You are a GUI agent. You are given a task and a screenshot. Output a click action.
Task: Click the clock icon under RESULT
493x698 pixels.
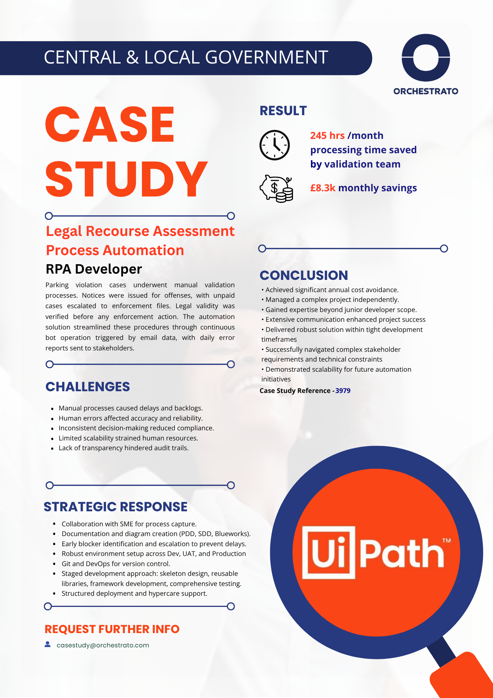coord(275,145)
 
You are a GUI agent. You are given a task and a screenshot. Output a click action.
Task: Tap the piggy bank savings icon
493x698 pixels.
coord(276,188)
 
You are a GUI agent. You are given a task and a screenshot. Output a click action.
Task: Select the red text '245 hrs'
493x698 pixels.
coord(327,135)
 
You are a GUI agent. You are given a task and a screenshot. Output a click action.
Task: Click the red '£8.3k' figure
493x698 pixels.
coord(323,188)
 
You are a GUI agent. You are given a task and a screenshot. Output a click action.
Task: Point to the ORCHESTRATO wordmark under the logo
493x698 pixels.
coord(426,91)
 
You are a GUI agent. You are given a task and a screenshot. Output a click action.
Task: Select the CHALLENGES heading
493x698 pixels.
coord(88,387)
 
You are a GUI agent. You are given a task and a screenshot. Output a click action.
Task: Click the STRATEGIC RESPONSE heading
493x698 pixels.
coord(115,507)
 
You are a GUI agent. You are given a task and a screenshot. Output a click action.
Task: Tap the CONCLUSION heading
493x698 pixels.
coord(304,275)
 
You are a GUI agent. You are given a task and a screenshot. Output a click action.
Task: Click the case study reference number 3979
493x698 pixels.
coord(343,391)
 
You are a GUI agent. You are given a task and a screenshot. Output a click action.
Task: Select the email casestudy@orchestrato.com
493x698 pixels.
coord(103,645)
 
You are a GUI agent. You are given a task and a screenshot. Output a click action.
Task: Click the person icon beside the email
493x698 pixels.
coord(48,645)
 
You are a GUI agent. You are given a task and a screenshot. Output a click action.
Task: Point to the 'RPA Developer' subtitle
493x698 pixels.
coord(94,269)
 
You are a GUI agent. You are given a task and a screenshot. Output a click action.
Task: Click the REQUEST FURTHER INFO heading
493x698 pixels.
coord(112,629)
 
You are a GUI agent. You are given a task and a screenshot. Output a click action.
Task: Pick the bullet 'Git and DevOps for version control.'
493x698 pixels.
coord(116,564)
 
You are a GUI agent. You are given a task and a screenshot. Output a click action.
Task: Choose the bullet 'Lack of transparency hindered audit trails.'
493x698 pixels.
coord(123,448)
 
